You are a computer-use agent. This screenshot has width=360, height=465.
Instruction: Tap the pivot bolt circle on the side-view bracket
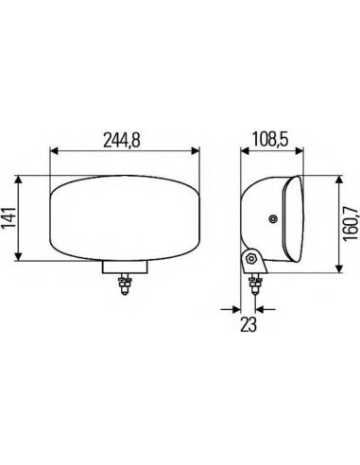251,259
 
